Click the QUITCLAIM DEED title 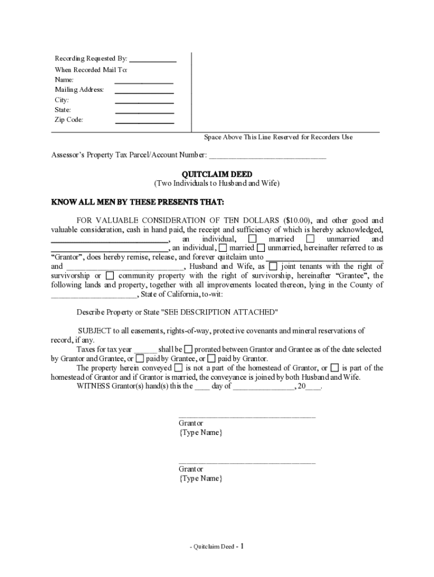216,174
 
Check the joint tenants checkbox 273,267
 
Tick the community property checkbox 110,276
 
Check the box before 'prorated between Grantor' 188,349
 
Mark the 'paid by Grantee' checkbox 140,358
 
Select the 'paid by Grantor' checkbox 211,358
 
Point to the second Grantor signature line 247,463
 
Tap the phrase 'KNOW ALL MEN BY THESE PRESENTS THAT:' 138,202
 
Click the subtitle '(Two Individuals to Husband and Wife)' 216,184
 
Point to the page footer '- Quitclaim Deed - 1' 216,546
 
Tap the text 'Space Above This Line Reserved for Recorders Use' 278,137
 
